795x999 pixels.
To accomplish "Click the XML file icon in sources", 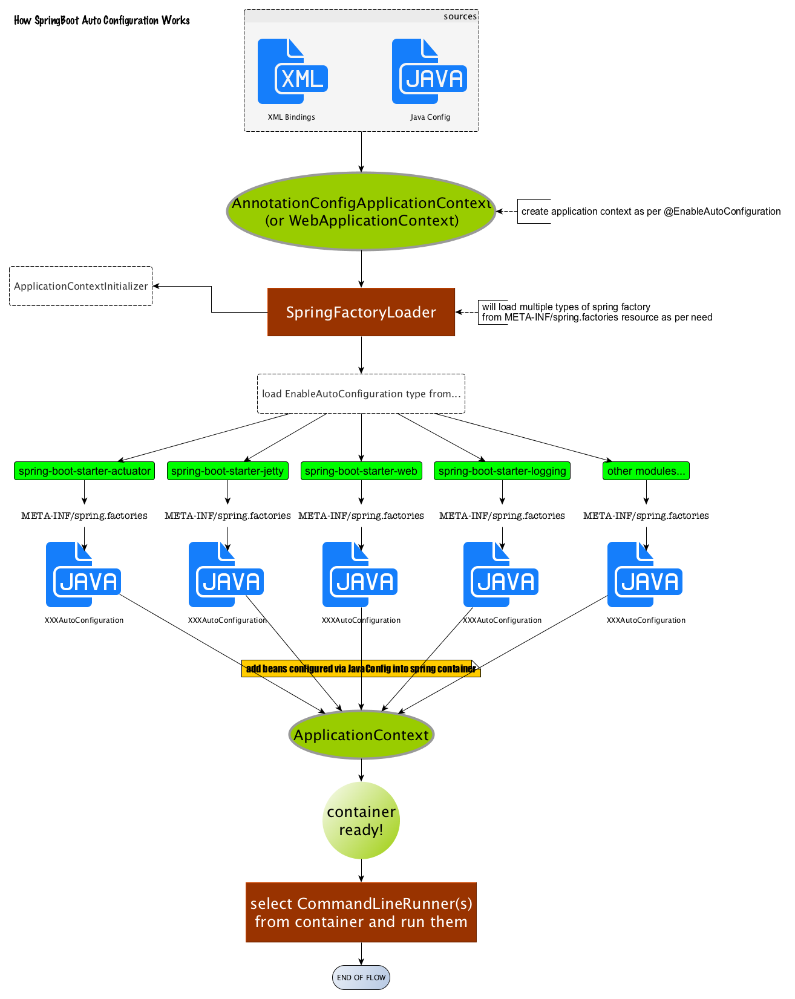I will tap(292, 71).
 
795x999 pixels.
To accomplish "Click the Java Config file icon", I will tap(429, 71).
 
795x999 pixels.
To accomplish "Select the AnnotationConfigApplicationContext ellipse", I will tap(361, 212).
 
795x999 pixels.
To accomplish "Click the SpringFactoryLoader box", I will tap(361, 312).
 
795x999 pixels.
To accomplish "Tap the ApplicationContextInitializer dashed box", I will tap(80, 286).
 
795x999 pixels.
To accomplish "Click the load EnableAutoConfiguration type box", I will tap(361, 394).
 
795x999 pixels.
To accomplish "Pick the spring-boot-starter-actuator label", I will tap(84, 471).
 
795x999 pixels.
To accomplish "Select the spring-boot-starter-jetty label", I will tap(227, 471).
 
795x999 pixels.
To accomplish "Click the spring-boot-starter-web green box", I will tap(361, 471).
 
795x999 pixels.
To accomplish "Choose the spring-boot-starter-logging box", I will tap(502, 471).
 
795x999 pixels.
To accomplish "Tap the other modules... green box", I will tap(646, 471).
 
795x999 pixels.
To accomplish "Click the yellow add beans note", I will tap(361, 668).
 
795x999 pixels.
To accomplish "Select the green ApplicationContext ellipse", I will tap(361, 735).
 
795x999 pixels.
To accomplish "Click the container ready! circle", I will tap(361, 821).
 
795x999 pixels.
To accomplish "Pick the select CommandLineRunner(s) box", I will tap(361, 913).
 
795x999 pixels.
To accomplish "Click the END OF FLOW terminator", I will tap(361, 977).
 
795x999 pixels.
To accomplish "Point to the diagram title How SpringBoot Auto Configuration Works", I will tap(102, 21).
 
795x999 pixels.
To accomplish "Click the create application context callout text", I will tap(650, 212).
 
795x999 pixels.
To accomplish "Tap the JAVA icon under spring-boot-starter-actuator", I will tap(83, 574).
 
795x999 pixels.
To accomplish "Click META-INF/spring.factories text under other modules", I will tap(646, 516).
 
